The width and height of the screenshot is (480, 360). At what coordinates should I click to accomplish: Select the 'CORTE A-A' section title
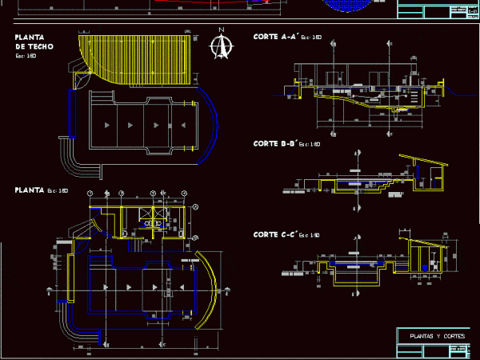tap(276, 37)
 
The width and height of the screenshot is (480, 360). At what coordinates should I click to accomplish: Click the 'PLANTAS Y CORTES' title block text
tap(431, 336)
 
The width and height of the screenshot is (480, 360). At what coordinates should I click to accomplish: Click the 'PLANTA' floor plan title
tap(30, 190)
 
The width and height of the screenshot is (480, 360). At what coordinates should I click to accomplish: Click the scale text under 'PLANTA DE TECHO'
tap(26, 56)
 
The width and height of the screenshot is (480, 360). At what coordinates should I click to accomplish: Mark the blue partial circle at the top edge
tap(349, 4)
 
